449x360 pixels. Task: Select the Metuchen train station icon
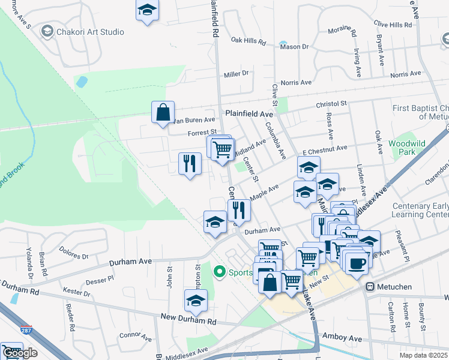tap(370, 287)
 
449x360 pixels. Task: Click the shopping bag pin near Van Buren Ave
tap(163, 112)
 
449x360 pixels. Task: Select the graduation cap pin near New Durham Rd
tap(196, 301)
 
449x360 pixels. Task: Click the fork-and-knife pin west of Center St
tap(190, 163)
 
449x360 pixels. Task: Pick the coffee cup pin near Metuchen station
tap(357, 263)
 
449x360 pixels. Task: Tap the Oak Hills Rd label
tap(248, 41)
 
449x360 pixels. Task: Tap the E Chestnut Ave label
tap(325, 148)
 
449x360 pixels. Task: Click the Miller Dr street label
tap(236, 74)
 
